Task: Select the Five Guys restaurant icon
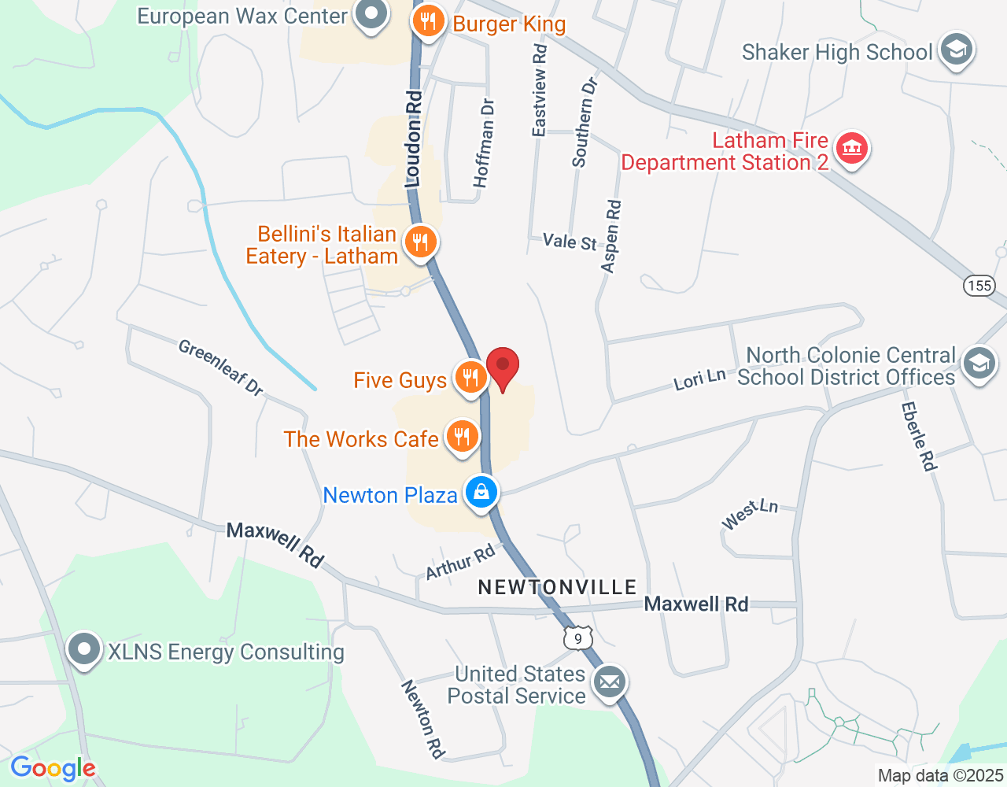click(x=470, y=378)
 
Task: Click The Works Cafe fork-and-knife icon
click(x=462, y=437)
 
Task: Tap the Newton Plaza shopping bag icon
click(x=481, y=493)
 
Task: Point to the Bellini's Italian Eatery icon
click(x=420, y=242)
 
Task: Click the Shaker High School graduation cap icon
click(x=956, y=50)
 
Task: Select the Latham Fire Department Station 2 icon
click(x=851, y=148)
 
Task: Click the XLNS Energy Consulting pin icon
click(x=84, y=650)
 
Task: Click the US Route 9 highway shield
click(x=578, y=638)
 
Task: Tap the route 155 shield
click(x=979, y=285)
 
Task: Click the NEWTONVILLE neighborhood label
click(x=557, y=587)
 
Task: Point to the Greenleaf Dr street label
click(x=220, y=367)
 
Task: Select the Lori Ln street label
click(x=699, y=379)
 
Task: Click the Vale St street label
click(x=570, y=242)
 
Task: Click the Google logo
click(x=53, y=768)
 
